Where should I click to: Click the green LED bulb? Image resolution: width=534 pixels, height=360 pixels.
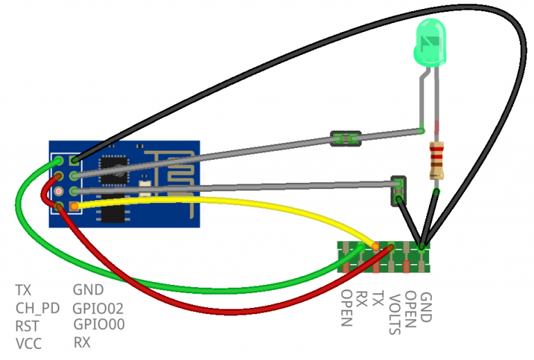pos(430,44)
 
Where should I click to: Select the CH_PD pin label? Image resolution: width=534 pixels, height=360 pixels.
pos(38,308)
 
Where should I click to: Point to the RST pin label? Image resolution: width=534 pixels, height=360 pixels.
pos(28,325)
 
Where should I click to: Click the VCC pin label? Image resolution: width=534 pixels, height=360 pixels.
pos(29,343)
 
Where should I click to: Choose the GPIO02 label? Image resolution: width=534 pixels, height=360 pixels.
pos(98,308)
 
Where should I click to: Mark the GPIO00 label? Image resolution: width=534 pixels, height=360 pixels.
pos(98,325)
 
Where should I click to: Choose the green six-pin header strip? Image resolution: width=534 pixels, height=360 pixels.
pos(384,257)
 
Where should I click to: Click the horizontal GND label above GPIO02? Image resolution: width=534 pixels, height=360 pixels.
pos(88,290)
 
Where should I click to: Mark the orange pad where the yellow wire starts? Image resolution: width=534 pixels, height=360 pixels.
pos(74,206)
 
